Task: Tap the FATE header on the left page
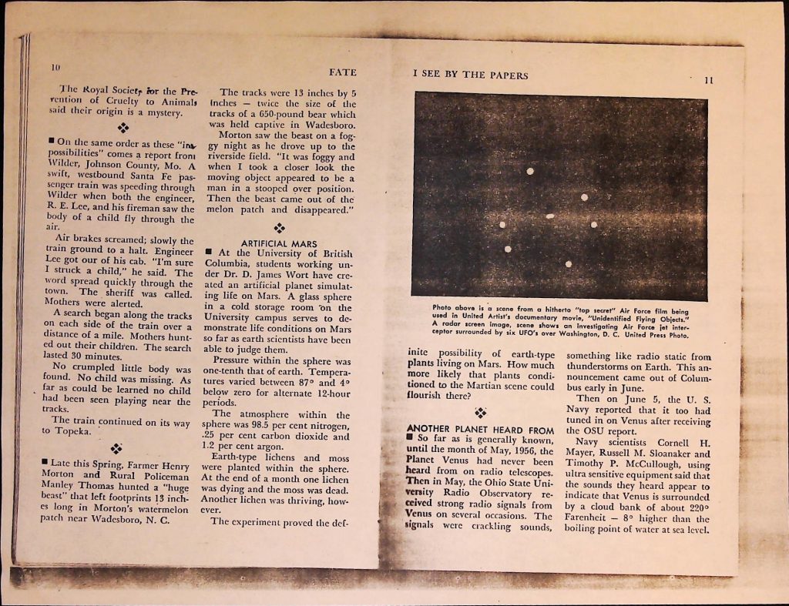click(x=342, y=72)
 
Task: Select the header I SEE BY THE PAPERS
click(x=470, y=75)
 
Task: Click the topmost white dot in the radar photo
click(x=530, y=171)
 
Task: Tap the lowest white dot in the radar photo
click(x=569, y=264)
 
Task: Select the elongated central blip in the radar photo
click(x=550, y=216)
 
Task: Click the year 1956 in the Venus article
click(x=522, y=450)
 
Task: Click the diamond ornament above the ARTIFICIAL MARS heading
click(x=279, y=228)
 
